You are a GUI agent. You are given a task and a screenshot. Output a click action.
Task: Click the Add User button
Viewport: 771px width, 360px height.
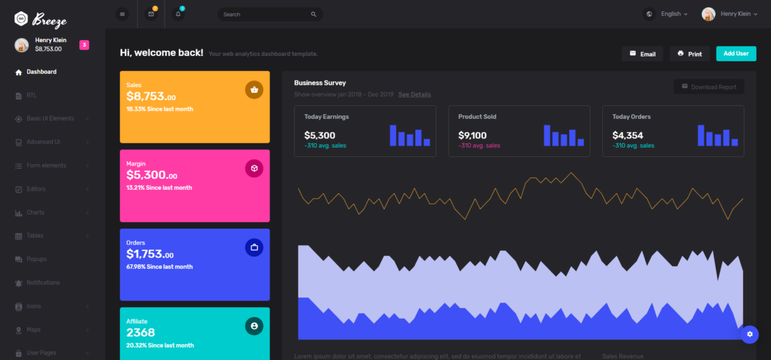tap(736, 53)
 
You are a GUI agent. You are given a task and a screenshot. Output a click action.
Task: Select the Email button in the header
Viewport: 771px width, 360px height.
tap(642, 54)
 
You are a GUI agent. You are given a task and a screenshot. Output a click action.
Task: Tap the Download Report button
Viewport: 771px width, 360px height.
tap(709, 87)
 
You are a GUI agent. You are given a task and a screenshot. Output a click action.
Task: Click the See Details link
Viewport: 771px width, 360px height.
tap(414, 95)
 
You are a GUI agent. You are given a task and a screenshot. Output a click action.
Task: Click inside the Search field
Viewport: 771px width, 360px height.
tap(264, 15)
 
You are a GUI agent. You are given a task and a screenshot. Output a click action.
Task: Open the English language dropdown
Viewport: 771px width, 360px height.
tap(668, 14)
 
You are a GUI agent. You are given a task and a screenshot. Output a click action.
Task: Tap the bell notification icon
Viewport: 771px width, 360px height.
tap(178, 14)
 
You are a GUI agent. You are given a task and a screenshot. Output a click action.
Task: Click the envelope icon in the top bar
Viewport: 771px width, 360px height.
tap(152, 14)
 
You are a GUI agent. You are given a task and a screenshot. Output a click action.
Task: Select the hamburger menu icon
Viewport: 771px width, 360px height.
tap(122, 14)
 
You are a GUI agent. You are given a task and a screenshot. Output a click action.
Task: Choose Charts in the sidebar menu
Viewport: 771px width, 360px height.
tap(36, 213)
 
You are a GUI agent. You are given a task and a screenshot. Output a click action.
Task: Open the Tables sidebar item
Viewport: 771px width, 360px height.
tap(35, 236)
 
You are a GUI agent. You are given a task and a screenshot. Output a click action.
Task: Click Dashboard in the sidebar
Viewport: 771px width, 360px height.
tap(41, 72)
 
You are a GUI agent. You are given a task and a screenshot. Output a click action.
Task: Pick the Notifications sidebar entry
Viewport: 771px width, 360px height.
tap(43, 283)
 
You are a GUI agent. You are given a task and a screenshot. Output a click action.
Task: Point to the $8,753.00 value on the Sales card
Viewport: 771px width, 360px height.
tap(151, 96)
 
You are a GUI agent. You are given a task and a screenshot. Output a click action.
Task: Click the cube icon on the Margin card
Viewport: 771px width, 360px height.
tap(254, 169)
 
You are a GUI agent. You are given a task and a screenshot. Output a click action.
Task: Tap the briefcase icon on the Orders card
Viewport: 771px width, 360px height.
tap(254, 248)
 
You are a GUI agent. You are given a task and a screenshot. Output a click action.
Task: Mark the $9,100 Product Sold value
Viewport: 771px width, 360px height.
tap(472, 136)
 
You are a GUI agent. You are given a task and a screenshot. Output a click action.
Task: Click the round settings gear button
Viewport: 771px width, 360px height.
tap(749, 334)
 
